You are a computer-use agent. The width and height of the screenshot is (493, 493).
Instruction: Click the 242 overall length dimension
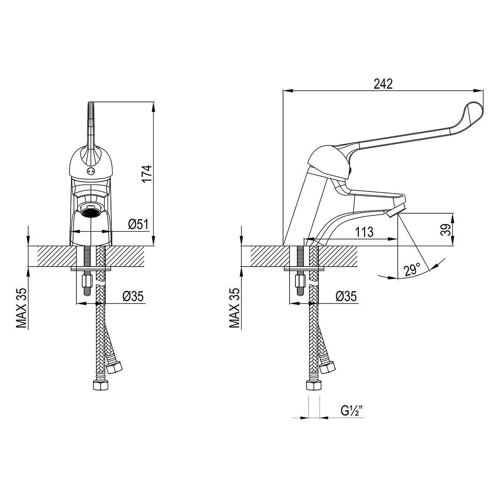click(x=383, y=84)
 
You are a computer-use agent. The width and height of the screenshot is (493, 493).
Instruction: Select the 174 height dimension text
click(x=147, y=174)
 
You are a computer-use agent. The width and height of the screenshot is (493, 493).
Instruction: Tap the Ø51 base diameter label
click(x=138, y=225)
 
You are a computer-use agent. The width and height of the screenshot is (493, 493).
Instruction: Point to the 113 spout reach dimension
click(x=364, y=232)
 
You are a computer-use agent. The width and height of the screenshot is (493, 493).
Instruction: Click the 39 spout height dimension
click(x=445, y=230)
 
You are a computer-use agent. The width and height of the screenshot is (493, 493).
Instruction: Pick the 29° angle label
click(x=412, y=271)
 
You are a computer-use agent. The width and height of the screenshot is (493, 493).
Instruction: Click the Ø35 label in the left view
click(x=133, y=296)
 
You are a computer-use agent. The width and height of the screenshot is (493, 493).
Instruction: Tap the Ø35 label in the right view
click(x=346, y=296)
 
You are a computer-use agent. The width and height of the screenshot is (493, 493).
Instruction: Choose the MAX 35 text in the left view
click(x=21, y=308)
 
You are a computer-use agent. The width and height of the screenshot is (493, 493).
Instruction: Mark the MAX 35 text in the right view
click(x=234, y=308)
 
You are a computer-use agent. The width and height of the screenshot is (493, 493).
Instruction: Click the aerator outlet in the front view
click(x=91, y=212)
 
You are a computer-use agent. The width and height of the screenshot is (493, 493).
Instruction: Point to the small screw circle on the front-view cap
click(x=90, y=170)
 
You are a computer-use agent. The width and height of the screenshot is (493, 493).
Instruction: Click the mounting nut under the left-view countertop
click(x=87, y=281)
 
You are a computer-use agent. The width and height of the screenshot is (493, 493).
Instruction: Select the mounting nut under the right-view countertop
click(x=300, y=281)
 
